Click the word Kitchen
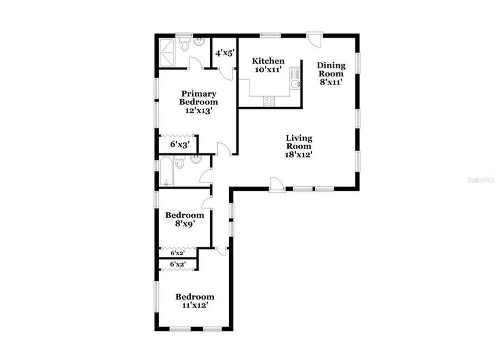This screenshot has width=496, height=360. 268,61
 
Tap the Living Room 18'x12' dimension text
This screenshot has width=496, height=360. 299,154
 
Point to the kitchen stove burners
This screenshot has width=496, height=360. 269,100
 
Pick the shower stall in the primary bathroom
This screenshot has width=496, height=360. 168,50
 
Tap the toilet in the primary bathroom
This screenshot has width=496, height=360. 185,46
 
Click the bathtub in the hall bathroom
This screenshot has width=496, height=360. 166,172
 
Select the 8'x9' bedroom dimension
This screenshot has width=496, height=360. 184,224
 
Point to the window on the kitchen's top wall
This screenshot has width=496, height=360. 270,35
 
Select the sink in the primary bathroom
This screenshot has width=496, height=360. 200,42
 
